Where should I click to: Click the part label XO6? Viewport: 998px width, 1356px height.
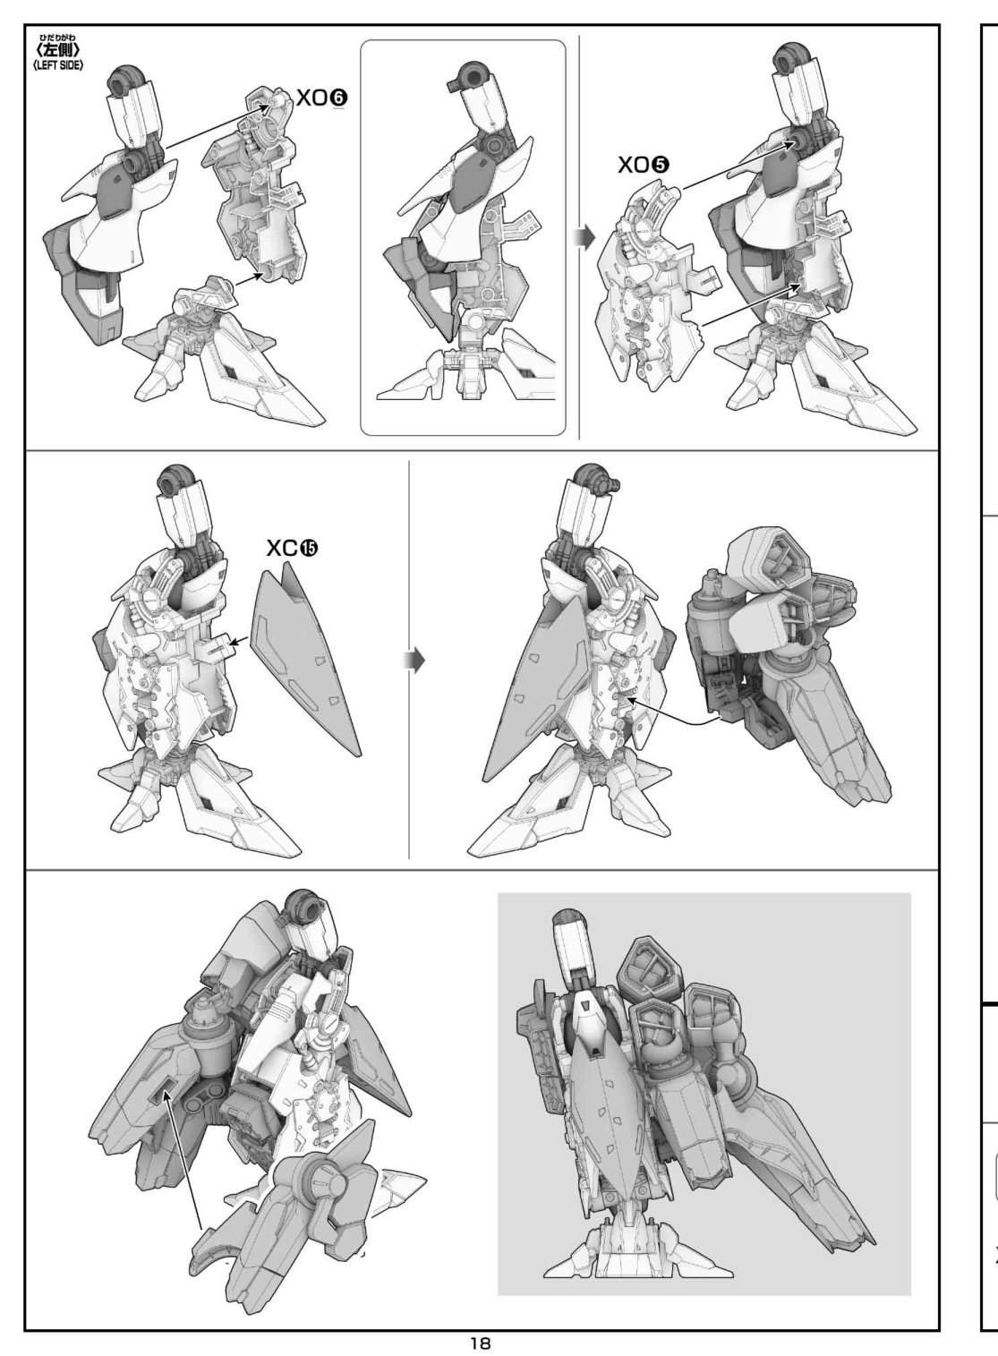click(x=321, y=98)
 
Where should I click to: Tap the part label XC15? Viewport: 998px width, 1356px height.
click(x=293, y=548)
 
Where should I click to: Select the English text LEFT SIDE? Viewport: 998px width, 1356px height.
click(x=59, y=65)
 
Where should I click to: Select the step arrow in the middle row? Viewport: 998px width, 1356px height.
click(x=415, y=661)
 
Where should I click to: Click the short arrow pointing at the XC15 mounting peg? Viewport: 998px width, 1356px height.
click(x=240, y=642)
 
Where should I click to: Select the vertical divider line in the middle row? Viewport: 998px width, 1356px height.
click(x=409, y=660)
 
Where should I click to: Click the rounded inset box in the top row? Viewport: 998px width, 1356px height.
click(x=463, y=237)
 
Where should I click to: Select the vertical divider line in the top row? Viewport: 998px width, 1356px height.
click(x=579, y=237)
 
